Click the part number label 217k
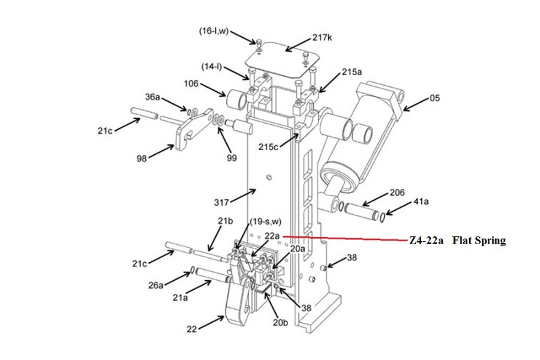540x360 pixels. pos(322,37)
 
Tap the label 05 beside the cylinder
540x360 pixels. pos(435,98)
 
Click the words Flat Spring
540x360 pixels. pos(479,241)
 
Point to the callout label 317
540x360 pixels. pos(221,202)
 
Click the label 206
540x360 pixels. pos(397,192)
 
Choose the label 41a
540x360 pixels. pos(421,201)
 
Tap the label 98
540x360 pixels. pos(142,158)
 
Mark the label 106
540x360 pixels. pos(191,83)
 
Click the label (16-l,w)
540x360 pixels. pos(214,31)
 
